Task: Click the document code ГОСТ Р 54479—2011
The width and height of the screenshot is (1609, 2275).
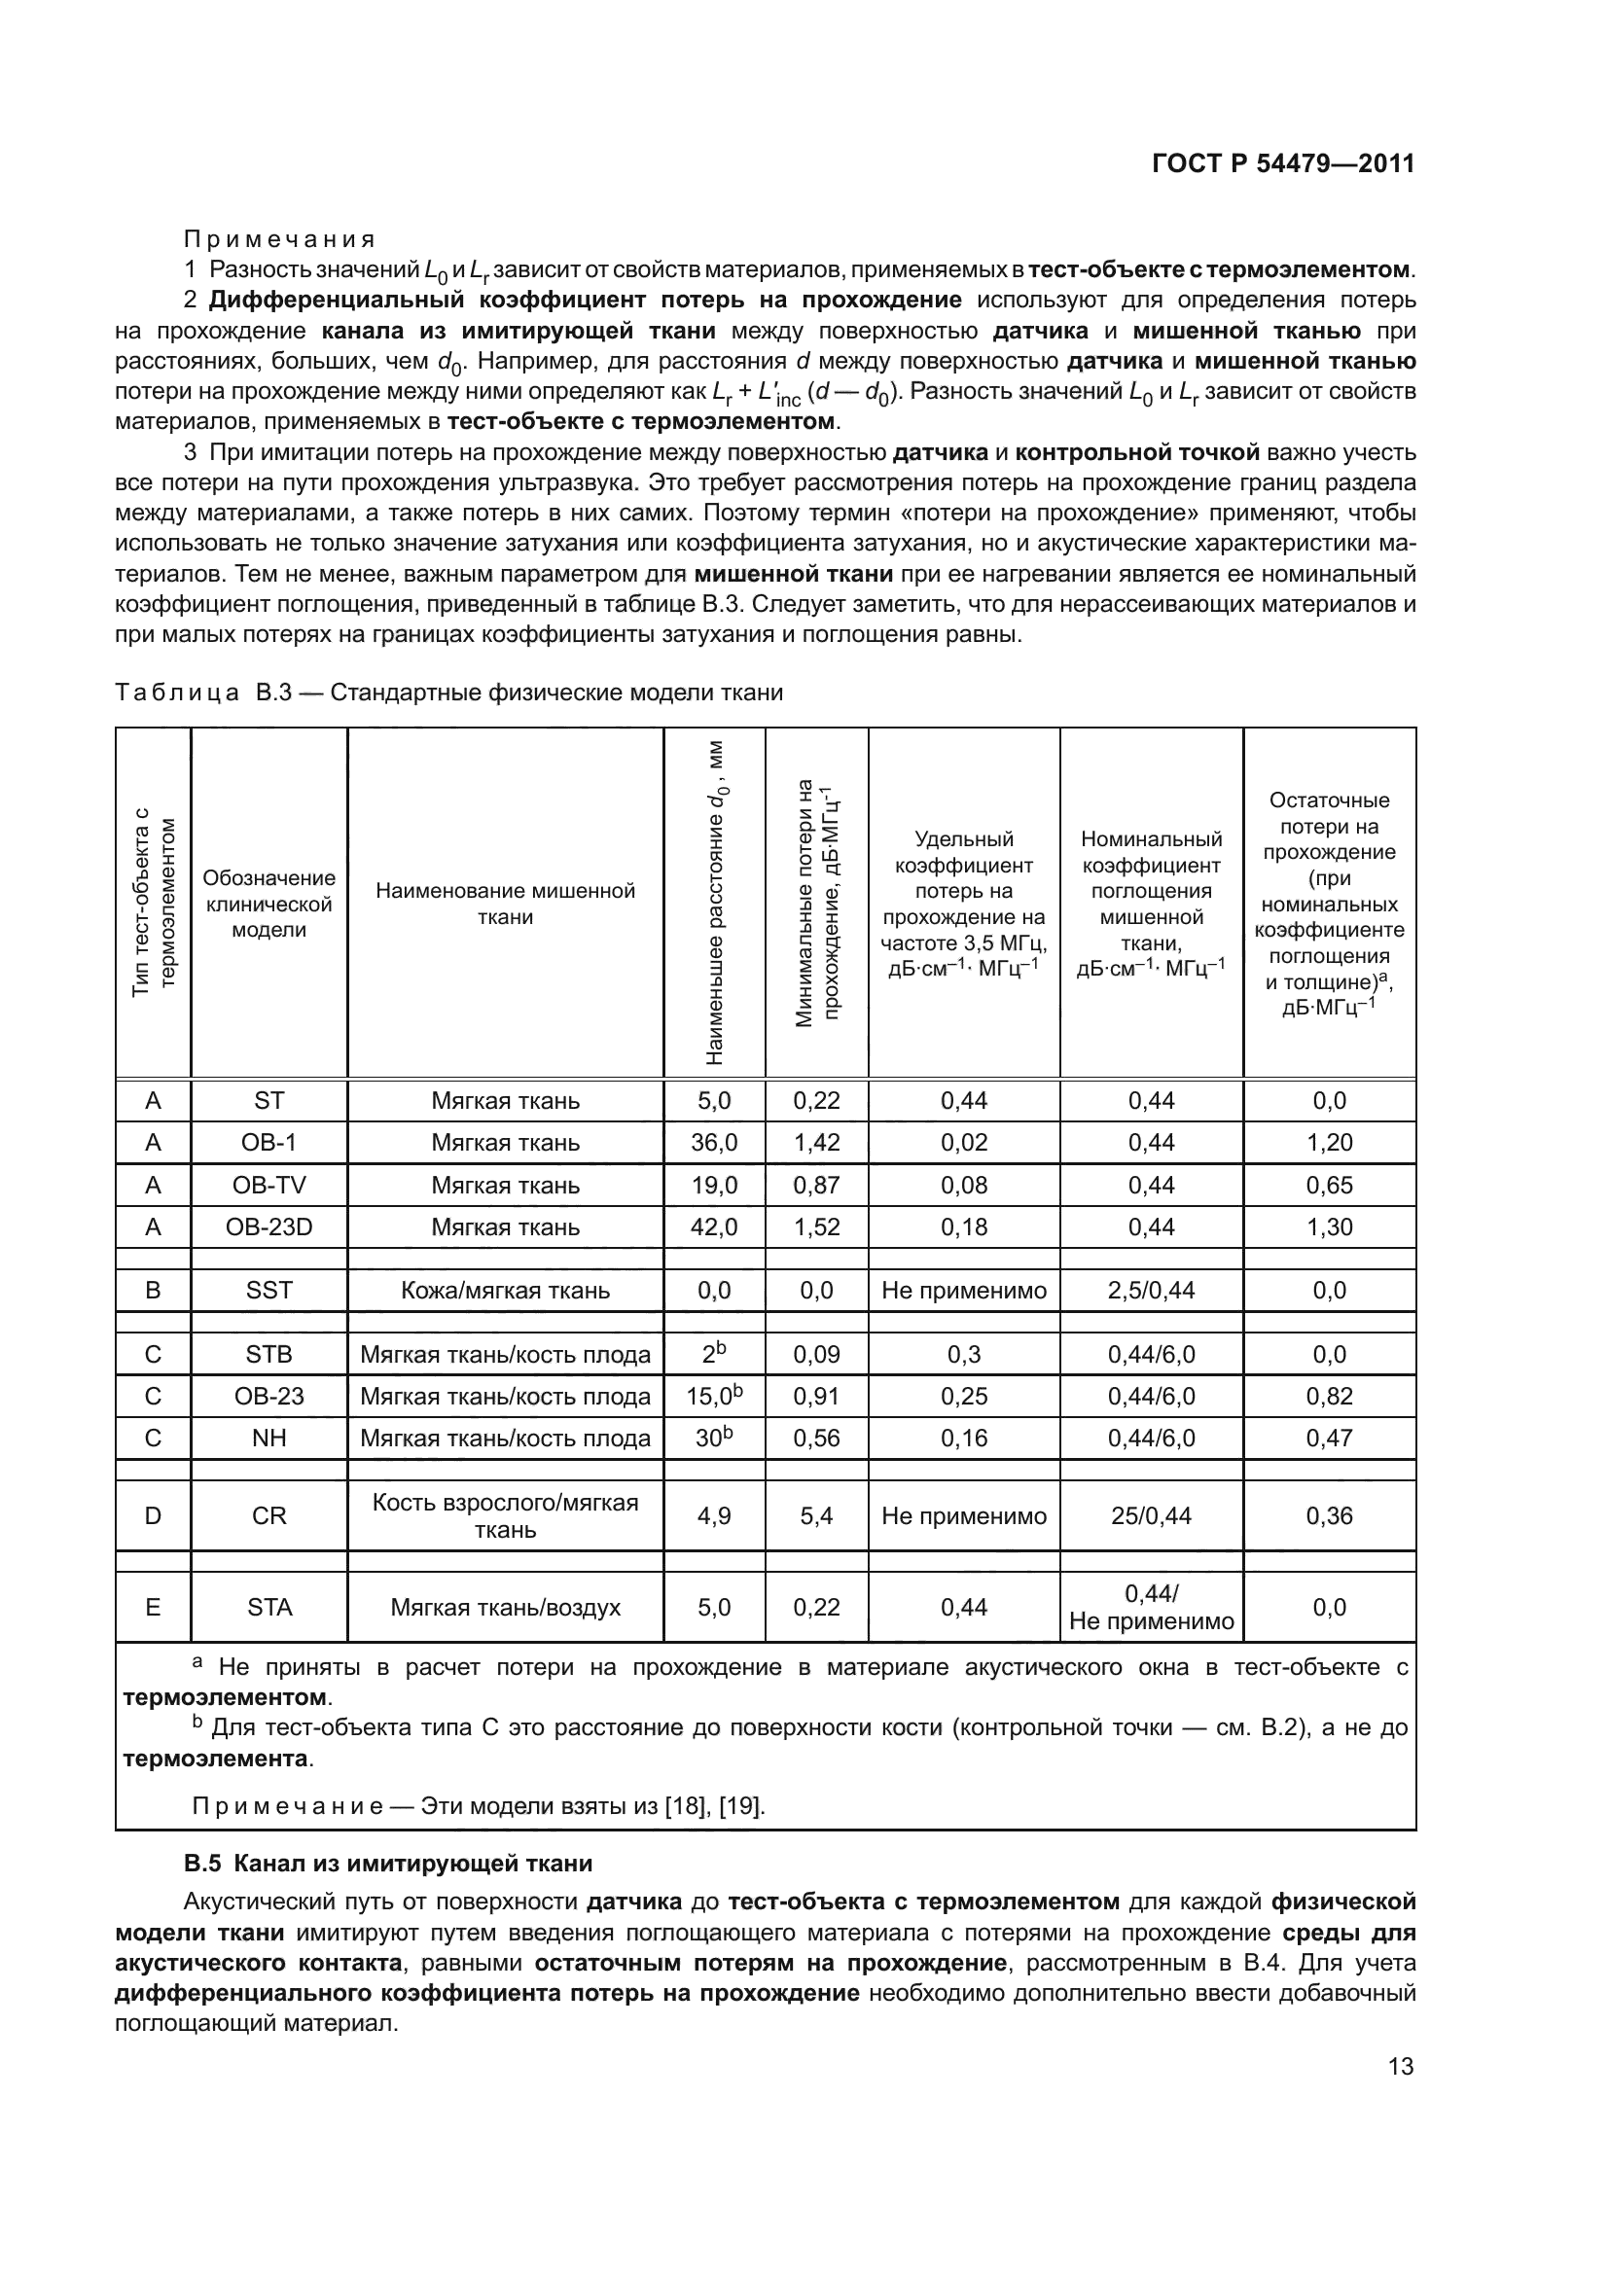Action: (1283, 164)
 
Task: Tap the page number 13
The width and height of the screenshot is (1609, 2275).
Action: (1400, 2066)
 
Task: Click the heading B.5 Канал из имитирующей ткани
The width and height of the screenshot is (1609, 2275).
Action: (388, 1864)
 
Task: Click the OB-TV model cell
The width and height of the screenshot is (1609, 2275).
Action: (268, 1185)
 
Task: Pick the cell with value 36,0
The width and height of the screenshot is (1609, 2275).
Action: (713, 1143)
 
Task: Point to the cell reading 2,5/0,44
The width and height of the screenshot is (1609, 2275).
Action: (1150, 1290)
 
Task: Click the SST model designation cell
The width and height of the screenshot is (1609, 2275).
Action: (268, 1290)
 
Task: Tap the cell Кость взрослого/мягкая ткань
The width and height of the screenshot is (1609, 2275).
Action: (505, 1516)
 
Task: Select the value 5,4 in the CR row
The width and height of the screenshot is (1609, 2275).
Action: (816, 1516)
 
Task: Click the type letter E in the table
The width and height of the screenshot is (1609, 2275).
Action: (153, 1607)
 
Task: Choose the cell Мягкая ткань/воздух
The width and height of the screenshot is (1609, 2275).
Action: (505, 1607)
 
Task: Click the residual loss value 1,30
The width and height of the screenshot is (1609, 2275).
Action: (1329, 1226)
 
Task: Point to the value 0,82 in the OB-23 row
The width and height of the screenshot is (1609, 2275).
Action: (1329, 1396)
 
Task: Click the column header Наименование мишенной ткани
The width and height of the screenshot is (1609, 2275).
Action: (505, 904)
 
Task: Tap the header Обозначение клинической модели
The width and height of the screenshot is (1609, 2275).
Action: (268, 904)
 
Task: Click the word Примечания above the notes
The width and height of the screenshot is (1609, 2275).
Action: (279, 239)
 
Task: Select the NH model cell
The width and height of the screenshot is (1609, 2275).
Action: (268, 1438)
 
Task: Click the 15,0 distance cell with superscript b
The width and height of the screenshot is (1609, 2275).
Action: (713, 1396)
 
